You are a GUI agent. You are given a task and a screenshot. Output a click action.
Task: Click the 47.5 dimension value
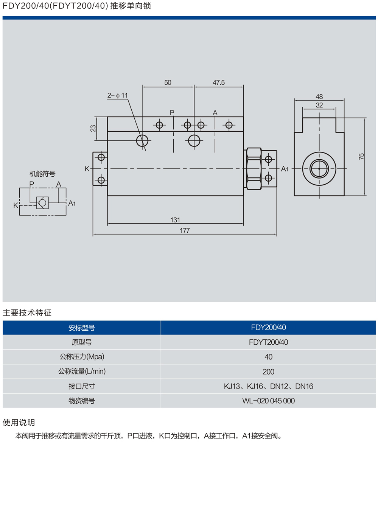pyautogui.click(x=218, y=82)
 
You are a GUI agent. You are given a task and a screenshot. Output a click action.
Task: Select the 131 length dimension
pyautogui.click(x=175, y=220)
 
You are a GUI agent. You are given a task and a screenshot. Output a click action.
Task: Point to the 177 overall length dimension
pyautogui.click(x=185, y=230)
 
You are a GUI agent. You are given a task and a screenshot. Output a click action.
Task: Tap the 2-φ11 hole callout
pyautogui.click(x=118, y=95)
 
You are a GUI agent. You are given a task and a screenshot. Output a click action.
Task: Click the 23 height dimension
pyautogui.click(x=93, y=128)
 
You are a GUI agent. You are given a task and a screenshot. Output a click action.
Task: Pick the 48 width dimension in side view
pyautogui.click(x=319, y=97)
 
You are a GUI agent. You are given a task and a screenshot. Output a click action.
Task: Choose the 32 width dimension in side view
pyautogui.click(x=319, y=105)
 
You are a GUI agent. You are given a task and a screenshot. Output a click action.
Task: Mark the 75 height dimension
pyautogui.click(x=361, y=157)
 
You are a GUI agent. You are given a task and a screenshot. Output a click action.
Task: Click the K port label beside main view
pyautogui.click(x=87, y=169)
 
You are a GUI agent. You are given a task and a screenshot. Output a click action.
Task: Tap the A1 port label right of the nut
pyautogui.click(x=285, y=169)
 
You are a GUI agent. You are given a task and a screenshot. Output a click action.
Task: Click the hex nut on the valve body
pyautogui.click(x=254, y=168)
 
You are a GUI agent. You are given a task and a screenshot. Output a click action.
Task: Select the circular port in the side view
pyautogui.click(x=319, y=168)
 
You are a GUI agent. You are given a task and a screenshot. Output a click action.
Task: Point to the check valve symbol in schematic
pyautogui.click(x=42, y=203)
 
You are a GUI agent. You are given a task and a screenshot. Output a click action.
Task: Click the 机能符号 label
pyautogui.click(x=42, y=174)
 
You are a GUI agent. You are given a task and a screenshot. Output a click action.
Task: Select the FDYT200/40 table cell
pyautogui.click(x=268, y=342)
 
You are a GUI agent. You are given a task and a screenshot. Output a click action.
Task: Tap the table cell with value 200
pyautogui.click(x=268, y=372)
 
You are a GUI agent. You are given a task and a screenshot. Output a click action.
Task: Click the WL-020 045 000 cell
pyautogui.click(x=268, y=401)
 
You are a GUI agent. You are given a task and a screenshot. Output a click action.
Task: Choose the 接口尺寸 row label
pyautogui.click(x=82, y=386)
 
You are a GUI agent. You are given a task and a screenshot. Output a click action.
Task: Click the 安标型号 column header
pyautogui.click(x=82, y=328)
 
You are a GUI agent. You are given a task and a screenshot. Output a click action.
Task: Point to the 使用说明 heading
pyautogui.click(x=19, y=423)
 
